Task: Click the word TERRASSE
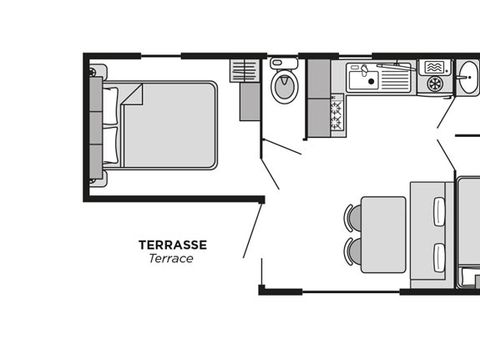pyautogui.click(x=172, y=243)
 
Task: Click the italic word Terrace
pyautogui.click(x=171, y=258)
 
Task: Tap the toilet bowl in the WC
pyautogui.click(x=284, y=88)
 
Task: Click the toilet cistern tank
pyautogui.click(x=284, y=63)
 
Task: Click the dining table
pyautogui.click(x=383, y=234)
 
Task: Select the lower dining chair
pyautogui.click(x=353, y=250)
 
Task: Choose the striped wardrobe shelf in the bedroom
pyautogui.click(x=244, y=70)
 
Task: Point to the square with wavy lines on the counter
pyautogui.click(x=433, y=67)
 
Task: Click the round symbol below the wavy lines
pyautogui.click(x=433, y=85)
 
